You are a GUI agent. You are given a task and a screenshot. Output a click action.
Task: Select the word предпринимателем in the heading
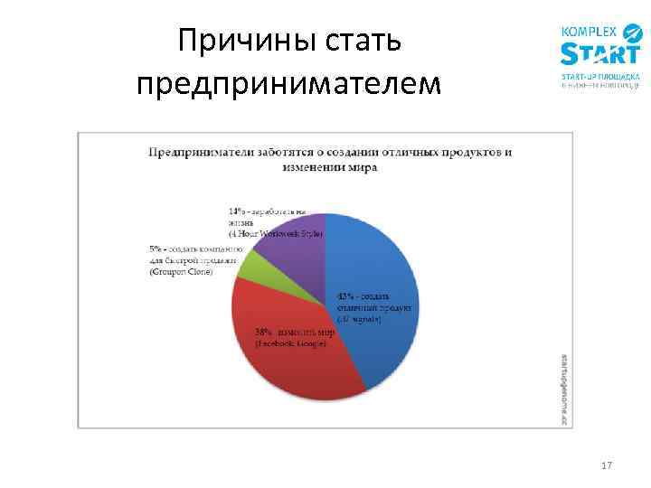289,83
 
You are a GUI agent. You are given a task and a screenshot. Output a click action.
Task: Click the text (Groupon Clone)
181,272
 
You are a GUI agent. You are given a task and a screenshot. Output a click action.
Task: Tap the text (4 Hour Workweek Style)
276,233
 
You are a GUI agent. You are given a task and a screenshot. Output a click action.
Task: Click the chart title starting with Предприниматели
330,159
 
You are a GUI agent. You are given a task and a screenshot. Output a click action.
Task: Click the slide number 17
606,465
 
